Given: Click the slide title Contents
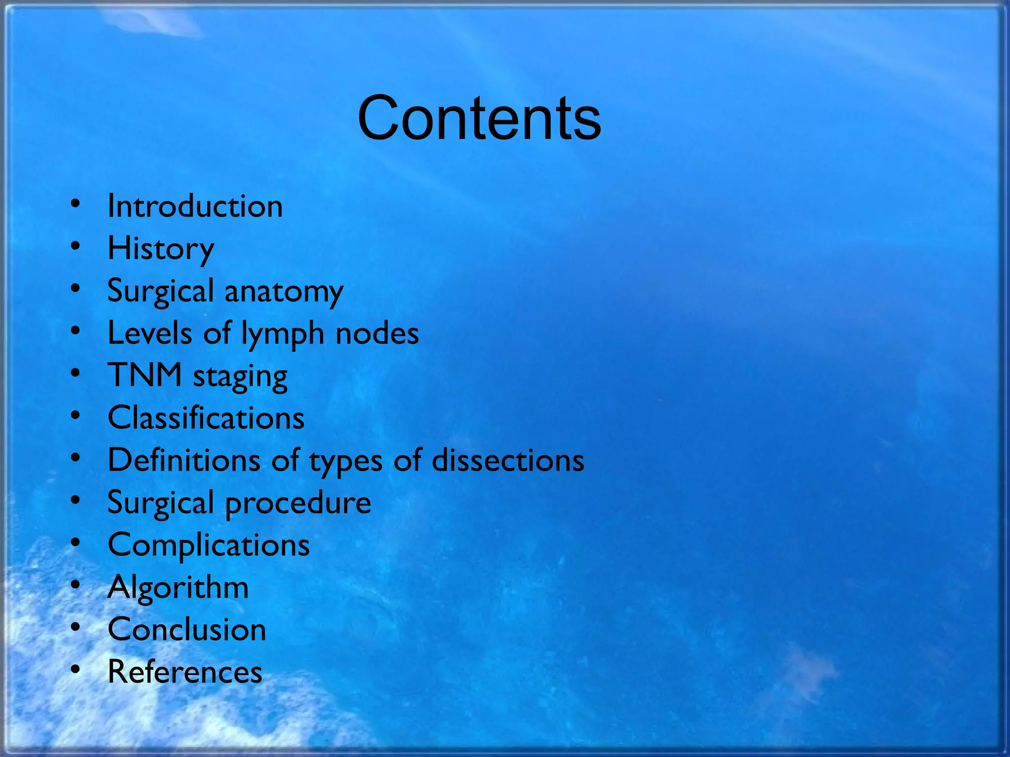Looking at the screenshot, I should coord(479,118).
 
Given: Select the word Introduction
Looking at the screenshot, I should coord(195,206).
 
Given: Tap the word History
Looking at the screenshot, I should coord(161,248).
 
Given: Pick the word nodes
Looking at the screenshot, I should coord(377,334).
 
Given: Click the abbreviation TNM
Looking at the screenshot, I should coord(145,376).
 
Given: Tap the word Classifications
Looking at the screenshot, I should coord(206,418).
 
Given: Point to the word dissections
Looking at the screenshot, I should coord(508,460).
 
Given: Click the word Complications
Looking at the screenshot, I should coord(209,546).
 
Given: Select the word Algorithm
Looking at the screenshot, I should coord(178,587).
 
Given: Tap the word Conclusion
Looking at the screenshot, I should coord(187,630).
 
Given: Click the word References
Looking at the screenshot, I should coord(185,672).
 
